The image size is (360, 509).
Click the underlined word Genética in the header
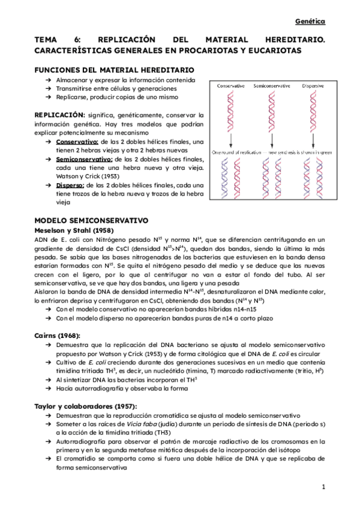pyautogui.click(x=310, y=22)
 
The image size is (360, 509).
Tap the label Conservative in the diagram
pyautogui.click(x=230, y=86)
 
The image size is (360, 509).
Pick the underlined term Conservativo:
pyautogui.click(x=77, y=141)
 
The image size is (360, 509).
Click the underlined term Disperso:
pyautogui.click(x=71, y=185)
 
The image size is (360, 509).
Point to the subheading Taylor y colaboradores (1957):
pyautogui.click(x=85, y=406)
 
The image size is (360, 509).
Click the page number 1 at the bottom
pyautogui.click(x=323, y=486)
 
